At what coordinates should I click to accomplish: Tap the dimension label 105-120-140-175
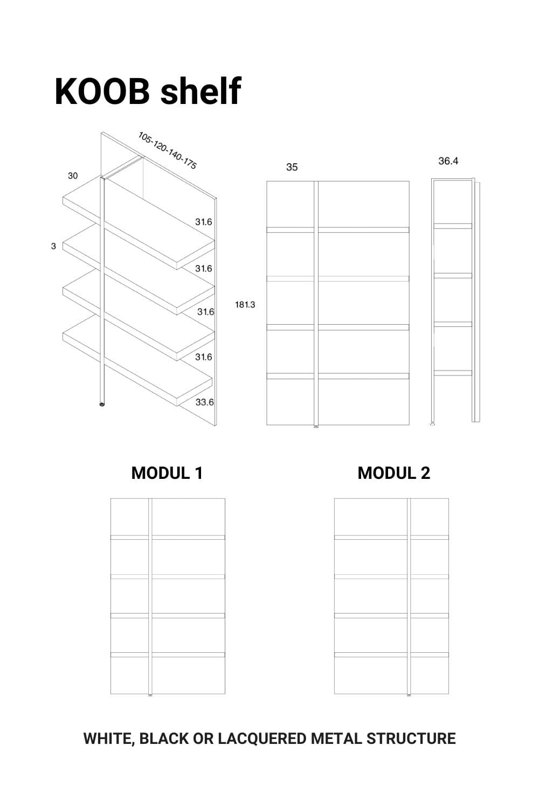click(x=167, y=150)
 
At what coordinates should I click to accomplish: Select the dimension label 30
click(x=73, y=176)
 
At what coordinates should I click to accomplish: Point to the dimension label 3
click(x=53, y=246)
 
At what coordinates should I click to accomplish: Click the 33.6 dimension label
click(x=204, y=402)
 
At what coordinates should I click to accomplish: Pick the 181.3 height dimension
click(x=245, y=305)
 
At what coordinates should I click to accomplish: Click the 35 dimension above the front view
click(x=292, y=167)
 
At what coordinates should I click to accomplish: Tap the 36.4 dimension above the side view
click(x=448, y=161)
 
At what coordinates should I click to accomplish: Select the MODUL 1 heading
click(x=167, y=473)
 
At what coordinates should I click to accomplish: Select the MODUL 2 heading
click(x=393, y=473)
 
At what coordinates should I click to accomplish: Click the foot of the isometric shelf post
click(x=102, y=405)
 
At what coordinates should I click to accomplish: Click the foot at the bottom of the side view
click(x=432, y=423)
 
